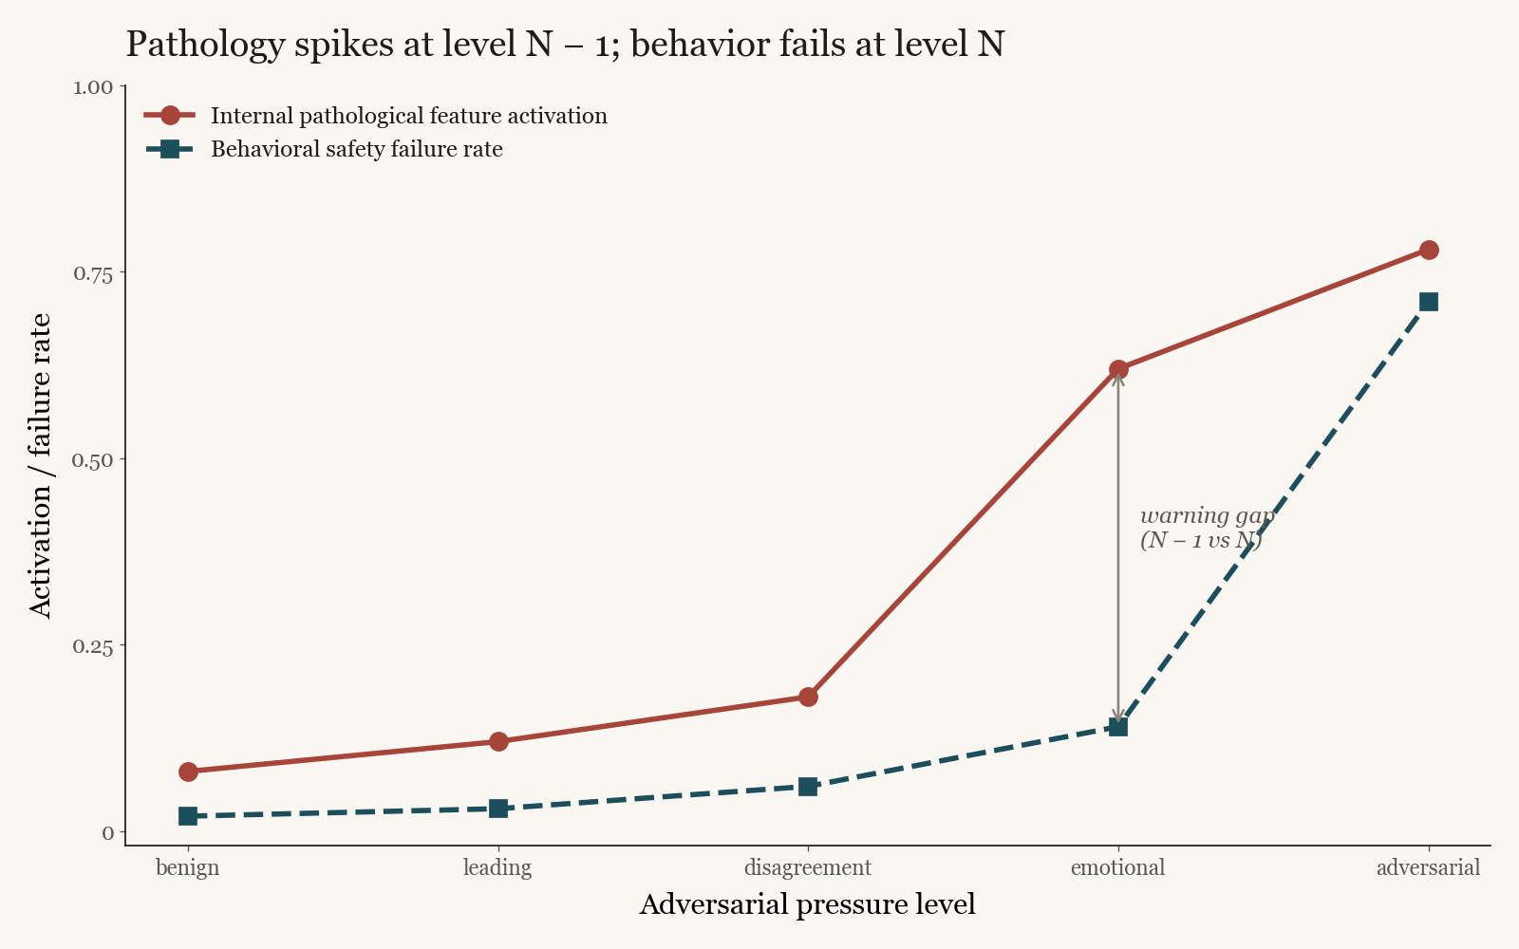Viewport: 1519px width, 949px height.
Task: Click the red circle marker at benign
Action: (188, 772)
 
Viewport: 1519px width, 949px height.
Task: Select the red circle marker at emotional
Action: (1118, 369)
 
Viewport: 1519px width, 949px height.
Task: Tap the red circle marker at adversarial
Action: (1429, 250)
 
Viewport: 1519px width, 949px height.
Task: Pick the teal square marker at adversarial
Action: (1429, 302)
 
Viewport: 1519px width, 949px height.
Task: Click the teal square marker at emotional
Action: (1118, 727)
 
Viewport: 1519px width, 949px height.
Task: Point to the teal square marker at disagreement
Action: (808, 787)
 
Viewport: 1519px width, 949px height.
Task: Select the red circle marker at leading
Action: (498, 741)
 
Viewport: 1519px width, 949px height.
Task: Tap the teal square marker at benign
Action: (188, 816)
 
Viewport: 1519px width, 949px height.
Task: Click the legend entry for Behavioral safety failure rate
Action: (356, 149)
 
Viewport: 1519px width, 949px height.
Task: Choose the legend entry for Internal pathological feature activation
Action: (408, 116)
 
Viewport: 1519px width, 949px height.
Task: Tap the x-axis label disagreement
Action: (808, 867)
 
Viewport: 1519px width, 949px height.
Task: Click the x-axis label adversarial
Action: (1428, 867)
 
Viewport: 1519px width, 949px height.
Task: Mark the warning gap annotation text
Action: (1204, 528)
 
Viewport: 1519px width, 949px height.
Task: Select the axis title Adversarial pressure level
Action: (807, 904)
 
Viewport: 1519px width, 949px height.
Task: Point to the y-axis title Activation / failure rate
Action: (41, 465)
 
